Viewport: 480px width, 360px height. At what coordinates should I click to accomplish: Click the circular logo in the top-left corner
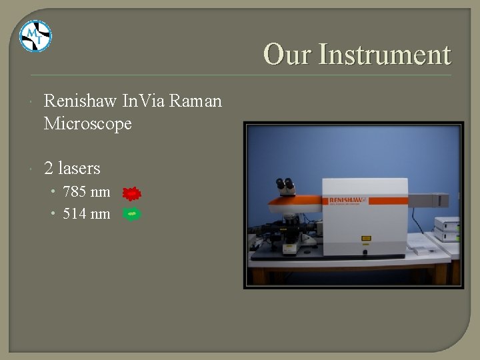point(35,36)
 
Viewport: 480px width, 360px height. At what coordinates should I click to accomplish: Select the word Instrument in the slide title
point(385,55)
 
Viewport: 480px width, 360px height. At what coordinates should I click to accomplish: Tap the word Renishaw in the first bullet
point(81,101)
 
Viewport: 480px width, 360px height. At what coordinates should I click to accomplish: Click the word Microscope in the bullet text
point(87,124)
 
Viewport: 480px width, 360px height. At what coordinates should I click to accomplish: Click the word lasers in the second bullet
point(81,167)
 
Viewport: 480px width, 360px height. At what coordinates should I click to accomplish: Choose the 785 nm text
point(86,193)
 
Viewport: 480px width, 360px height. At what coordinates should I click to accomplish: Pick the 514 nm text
point(86,214)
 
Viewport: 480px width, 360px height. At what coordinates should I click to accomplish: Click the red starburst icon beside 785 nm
point(133,194)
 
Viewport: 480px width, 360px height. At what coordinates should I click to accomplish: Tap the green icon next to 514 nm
point(132,214)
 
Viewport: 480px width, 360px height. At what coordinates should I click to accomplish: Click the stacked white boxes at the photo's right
point(447,230)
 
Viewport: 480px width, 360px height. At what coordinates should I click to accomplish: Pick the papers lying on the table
point(419,249)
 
